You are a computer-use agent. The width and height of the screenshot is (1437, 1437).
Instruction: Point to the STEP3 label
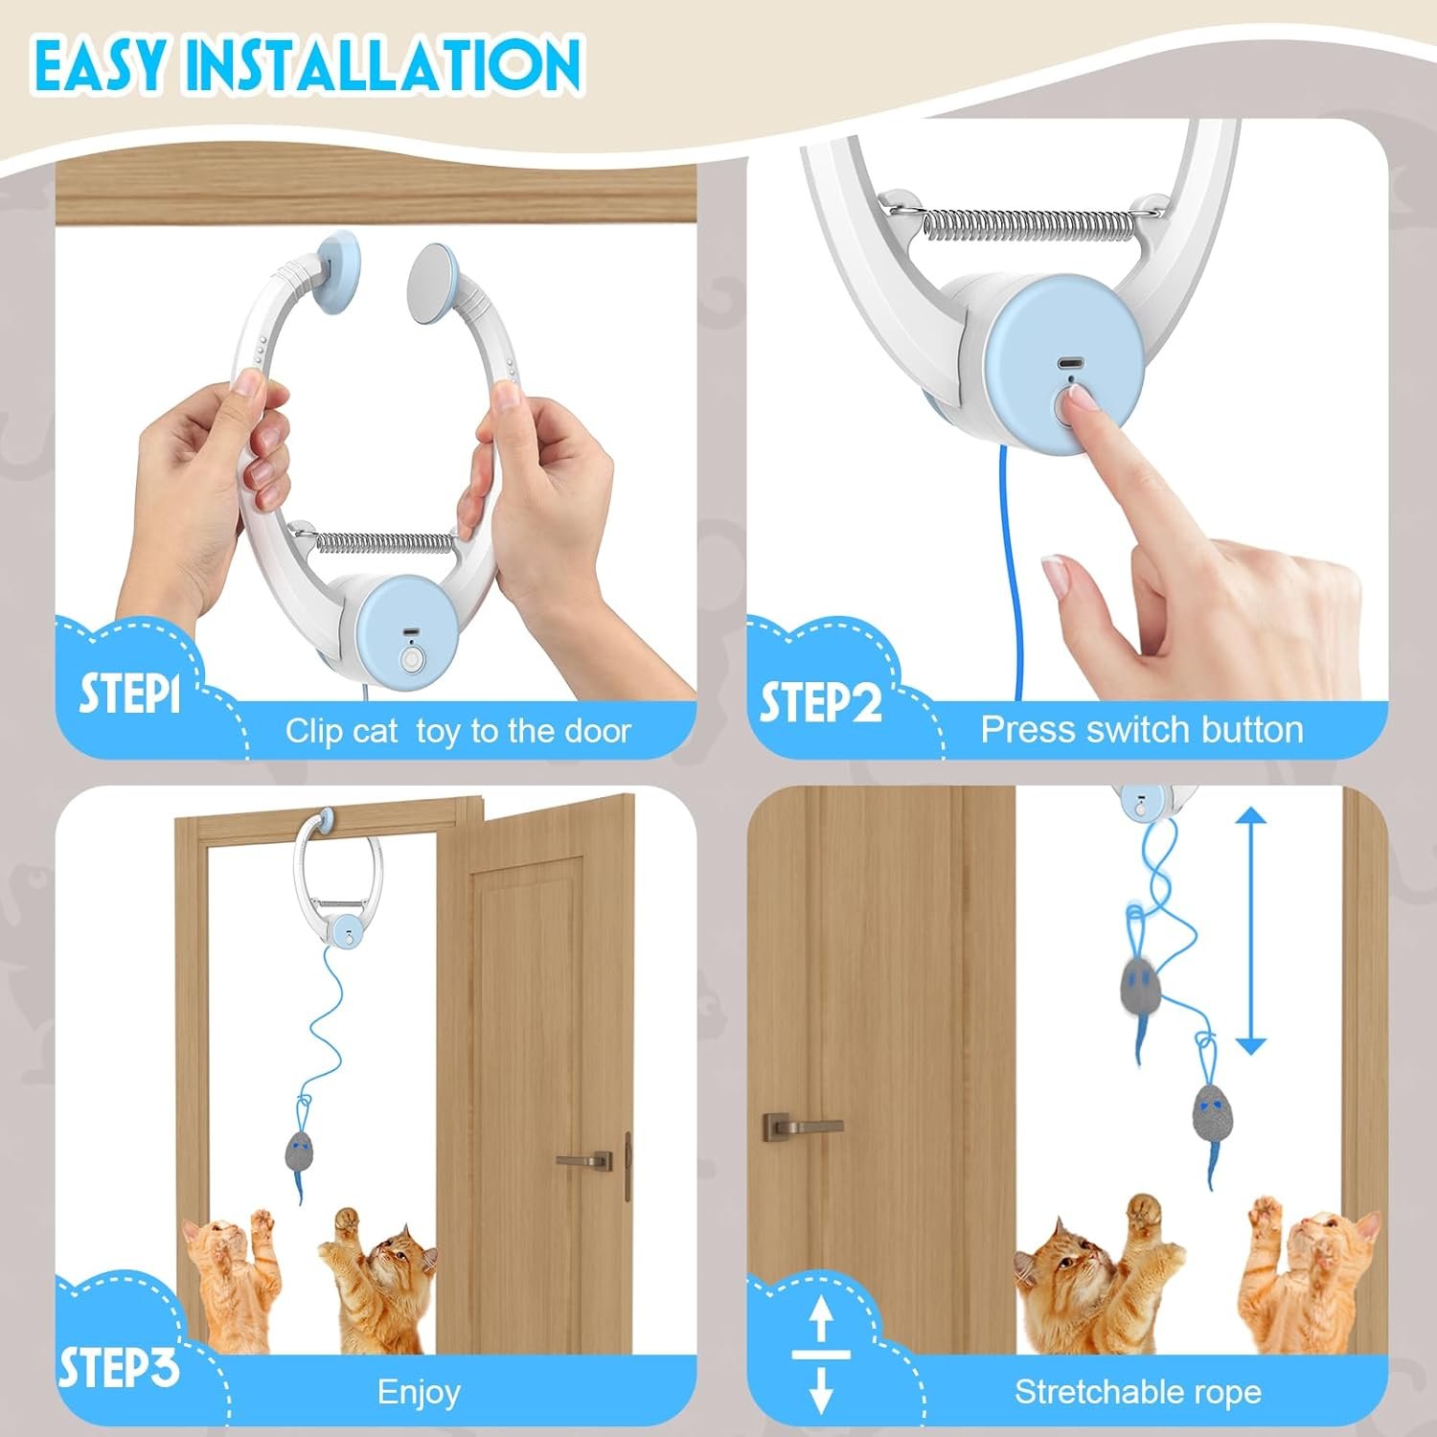tap(119, 1367)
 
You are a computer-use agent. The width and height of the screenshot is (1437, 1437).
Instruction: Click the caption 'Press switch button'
tap(1141, 730)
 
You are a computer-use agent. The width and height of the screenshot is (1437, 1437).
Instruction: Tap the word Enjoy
tap(419, 1391)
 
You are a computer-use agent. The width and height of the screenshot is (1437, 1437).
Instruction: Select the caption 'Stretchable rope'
tap(1137, 1391)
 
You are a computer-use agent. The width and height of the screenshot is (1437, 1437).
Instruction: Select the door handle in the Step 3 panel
tap(584, 1160)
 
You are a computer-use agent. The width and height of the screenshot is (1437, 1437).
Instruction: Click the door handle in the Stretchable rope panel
tap(800, 1126)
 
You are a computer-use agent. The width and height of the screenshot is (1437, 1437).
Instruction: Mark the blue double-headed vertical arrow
tap(1250, 930)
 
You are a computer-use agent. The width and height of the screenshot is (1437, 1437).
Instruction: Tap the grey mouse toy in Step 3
tap(300, 1150)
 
